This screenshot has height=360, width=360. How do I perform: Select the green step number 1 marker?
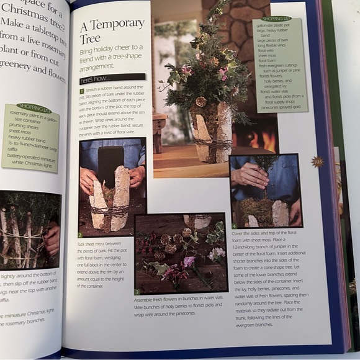[81, 91]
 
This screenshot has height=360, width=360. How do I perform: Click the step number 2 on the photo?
[81, 235]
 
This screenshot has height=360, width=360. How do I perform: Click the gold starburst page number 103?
[318, 162]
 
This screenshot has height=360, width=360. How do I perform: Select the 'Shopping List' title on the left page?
[35, 107]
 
